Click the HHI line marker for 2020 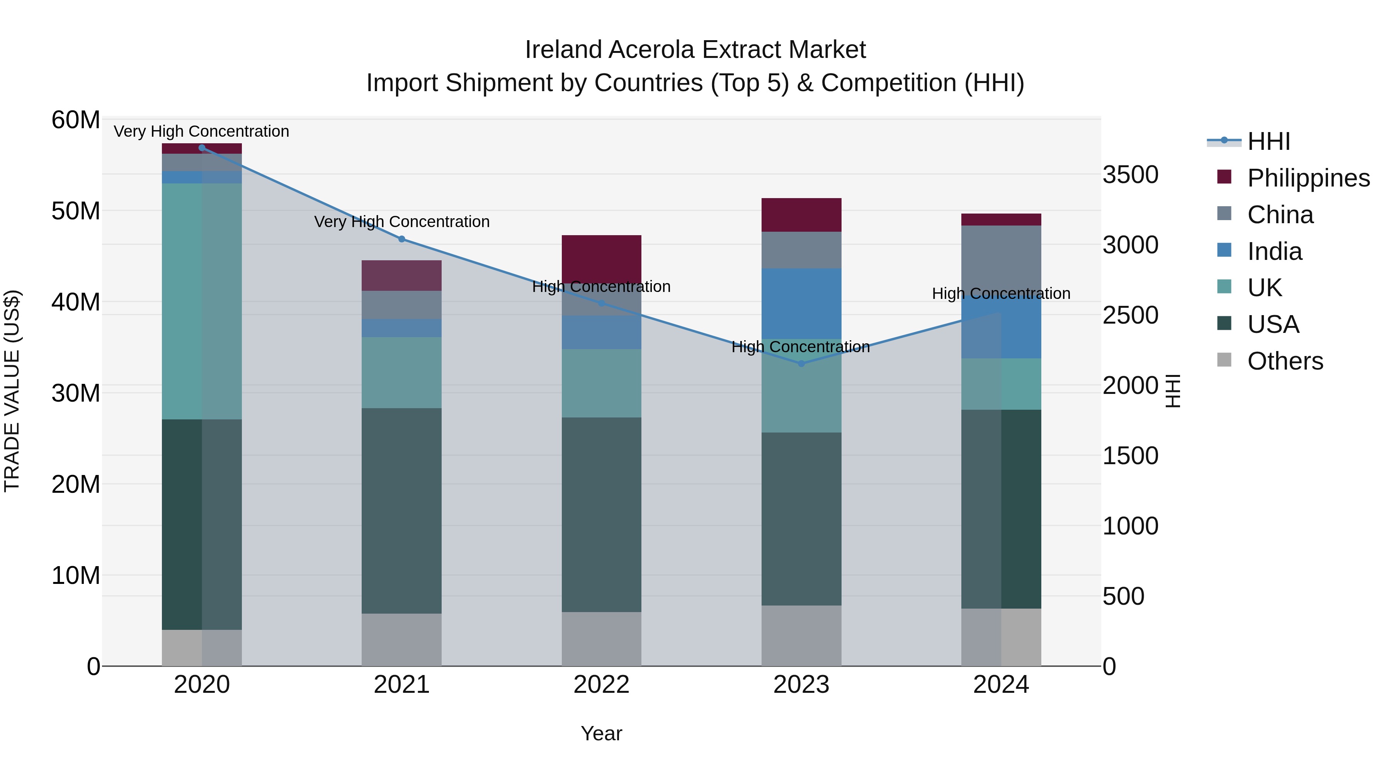[x=202, y=148]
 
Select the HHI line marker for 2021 [x=402, y=239]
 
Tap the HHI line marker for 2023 [x=801, y=364]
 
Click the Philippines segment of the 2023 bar [x=801, y=215]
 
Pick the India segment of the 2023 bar [x=801, y=303]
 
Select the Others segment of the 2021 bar [x=402, y=640]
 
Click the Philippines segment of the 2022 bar [x=602, y=258]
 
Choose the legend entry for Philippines [x=1308, y=178]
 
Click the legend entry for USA [x=1272, y=324]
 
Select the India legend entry [x=1274, y=251]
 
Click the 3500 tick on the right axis [x=1130, y=175]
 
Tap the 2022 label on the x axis [x=602, y=685]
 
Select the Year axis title [x=602, y=733]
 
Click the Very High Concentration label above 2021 [x=402, y=222]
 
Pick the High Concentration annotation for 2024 [x=1001, y=293]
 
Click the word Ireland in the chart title [x=563, y=50]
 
